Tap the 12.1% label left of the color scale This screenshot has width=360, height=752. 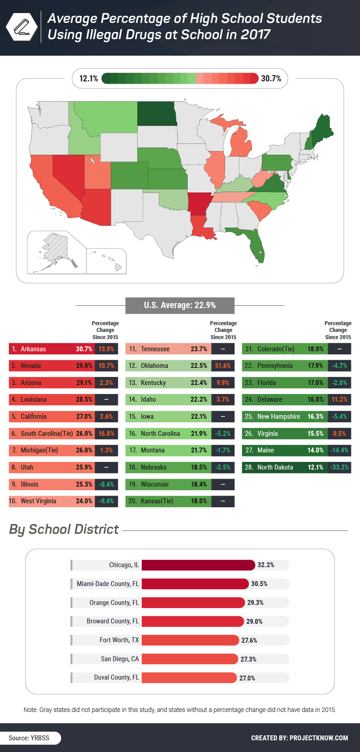[88, 79]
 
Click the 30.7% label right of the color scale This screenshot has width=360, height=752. [271, 79]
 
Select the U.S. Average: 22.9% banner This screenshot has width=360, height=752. [180, 305]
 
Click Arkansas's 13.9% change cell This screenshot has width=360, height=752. [106, 349]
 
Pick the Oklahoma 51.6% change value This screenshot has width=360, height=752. [223, 366]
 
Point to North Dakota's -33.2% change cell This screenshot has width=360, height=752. [339, 467]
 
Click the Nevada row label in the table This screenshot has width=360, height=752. [31, 366]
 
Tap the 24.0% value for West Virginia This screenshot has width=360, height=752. [84, 501]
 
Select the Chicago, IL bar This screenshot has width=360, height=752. [198, 565]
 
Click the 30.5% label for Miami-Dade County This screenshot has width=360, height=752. [259, 584]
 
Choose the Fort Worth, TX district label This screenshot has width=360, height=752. [119, 640]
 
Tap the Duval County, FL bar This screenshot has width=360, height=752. [189, 678]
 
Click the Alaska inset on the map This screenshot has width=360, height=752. [54, 250]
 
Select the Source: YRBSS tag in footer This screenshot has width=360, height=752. [29, 738]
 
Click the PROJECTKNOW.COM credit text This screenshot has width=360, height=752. [319, 738]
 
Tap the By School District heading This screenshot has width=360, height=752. [64, 529]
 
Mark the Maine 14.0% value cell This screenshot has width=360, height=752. [315, 450]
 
